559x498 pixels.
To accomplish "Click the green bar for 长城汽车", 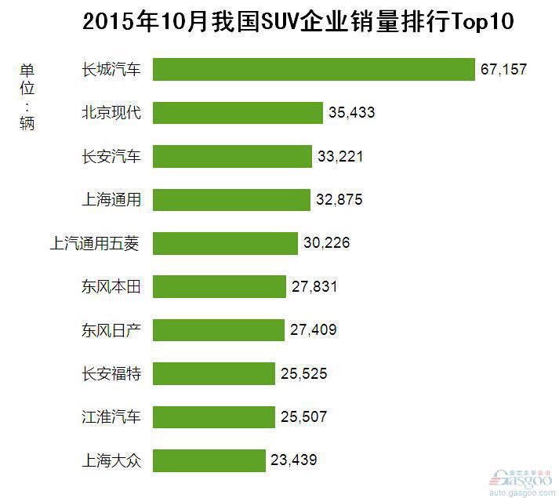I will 314,69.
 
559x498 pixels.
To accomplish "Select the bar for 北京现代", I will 238,112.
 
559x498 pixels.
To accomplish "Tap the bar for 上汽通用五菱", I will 225,243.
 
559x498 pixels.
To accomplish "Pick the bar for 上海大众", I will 209,460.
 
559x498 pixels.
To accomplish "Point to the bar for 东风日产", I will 218,329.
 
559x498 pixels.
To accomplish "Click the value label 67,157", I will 503,70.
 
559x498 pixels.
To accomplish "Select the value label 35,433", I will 352,113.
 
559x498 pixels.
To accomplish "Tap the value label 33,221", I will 340,157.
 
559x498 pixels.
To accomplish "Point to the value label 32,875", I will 339,200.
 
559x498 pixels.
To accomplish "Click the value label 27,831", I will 314,287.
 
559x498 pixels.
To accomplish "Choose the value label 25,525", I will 303,373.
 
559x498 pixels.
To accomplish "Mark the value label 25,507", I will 303,416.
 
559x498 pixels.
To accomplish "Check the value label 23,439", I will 293,460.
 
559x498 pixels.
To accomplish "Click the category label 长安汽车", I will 111,156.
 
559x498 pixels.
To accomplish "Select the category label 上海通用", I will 111,199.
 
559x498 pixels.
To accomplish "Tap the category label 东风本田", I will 111,286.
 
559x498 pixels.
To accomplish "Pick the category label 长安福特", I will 111,373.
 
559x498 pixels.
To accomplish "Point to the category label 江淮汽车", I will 111,416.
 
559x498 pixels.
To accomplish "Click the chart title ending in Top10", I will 298,21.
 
